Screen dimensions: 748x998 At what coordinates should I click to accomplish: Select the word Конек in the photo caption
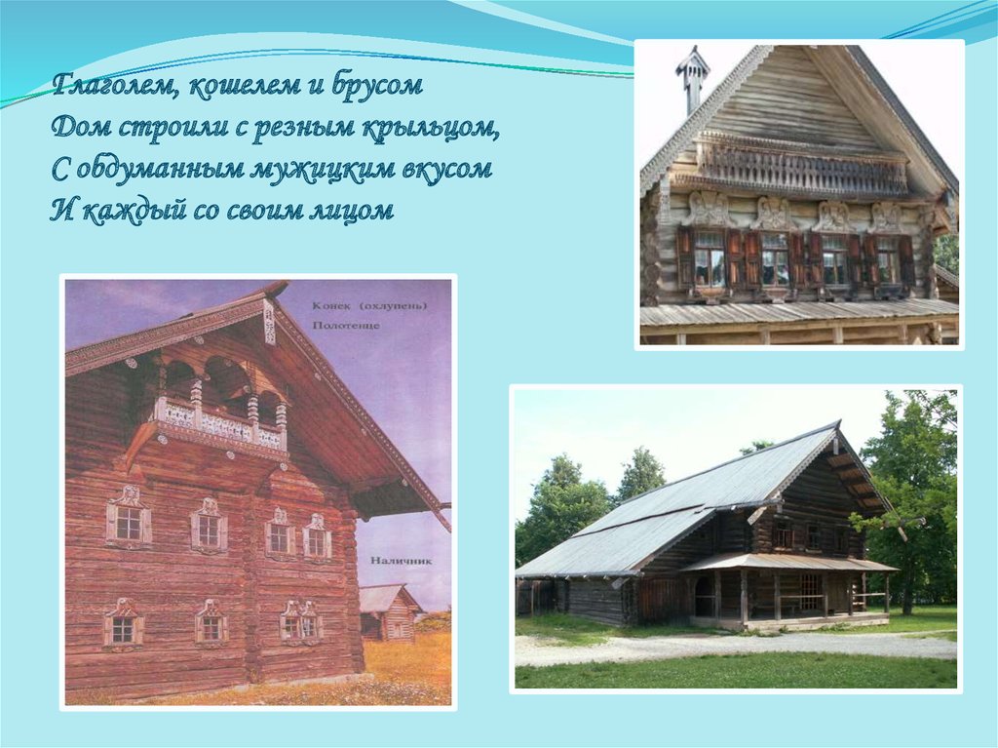tap(332, 305)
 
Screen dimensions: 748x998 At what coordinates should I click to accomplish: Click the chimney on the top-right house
tap(693, 78)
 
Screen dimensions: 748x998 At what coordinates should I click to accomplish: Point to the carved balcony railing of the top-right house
tap(803, 170)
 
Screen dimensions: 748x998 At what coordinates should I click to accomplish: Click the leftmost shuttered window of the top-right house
tap(709, 257)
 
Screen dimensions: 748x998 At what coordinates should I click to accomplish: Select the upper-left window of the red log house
tap(128, 522)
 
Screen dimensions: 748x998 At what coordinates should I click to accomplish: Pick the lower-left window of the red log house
tap(123, 627)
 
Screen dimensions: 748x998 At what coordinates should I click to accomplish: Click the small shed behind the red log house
tap(387, 612)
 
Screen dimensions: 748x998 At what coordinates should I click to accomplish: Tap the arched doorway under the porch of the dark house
tap(704, 596)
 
